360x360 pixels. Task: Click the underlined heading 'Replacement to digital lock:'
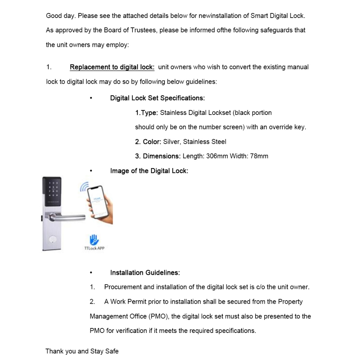point(112,67)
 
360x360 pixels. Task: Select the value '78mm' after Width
point(259,156)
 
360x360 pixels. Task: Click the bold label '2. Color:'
point(148,142)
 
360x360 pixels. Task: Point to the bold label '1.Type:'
point(147,113)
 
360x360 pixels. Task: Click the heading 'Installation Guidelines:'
point(145,272)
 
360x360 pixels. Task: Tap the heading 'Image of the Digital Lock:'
point(149,171)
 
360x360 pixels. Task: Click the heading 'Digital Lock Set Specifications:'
point(157,98)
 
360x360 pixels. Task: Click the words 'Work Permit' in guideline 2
point(129,302)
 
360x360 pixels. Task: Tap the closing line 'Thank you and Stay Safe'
point(82,351)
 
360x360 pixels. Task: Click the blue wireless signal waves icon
point(84,187)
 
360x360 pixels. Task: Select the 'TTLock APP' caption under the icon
point(94,248)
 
